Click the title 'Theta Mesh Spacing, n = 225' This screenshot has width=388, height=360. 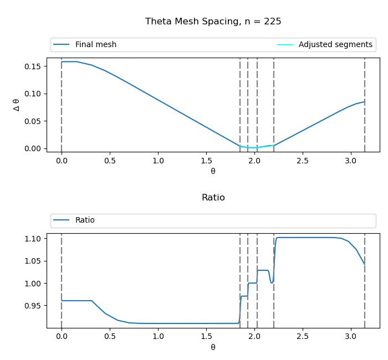(213, 22)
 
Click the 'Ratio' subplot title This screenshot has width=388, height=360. (213, 198)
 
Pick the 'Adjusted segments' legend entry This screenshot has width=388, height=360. (335, 45)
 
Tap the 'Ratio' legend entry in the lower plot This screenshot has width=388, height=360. (85, 220)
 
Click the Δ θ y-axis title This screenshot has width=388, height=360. (17, 105)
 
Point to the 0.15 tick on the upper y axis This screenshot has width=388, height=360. (33, 66)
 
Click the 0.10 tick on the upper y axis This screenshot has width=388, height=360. (33, 94)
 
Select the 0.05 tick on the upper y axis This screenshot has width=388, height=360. (33, 121)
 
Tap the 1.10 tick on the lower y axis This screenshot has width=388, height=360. (33, 239)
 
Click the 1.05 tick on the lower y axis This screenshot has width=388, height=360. (33, 261)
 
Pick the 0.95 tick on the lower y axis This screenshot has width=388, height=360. (33, 306)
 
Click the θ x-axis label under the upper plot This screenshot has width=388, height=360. (213, 171)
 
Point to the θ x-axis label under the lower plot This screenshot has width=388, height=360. (213, 347)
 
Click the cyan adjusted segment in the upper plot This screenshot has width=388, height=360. (253, 147)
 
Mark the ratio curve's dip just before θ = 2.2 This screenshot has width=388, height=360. (272, 282)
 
